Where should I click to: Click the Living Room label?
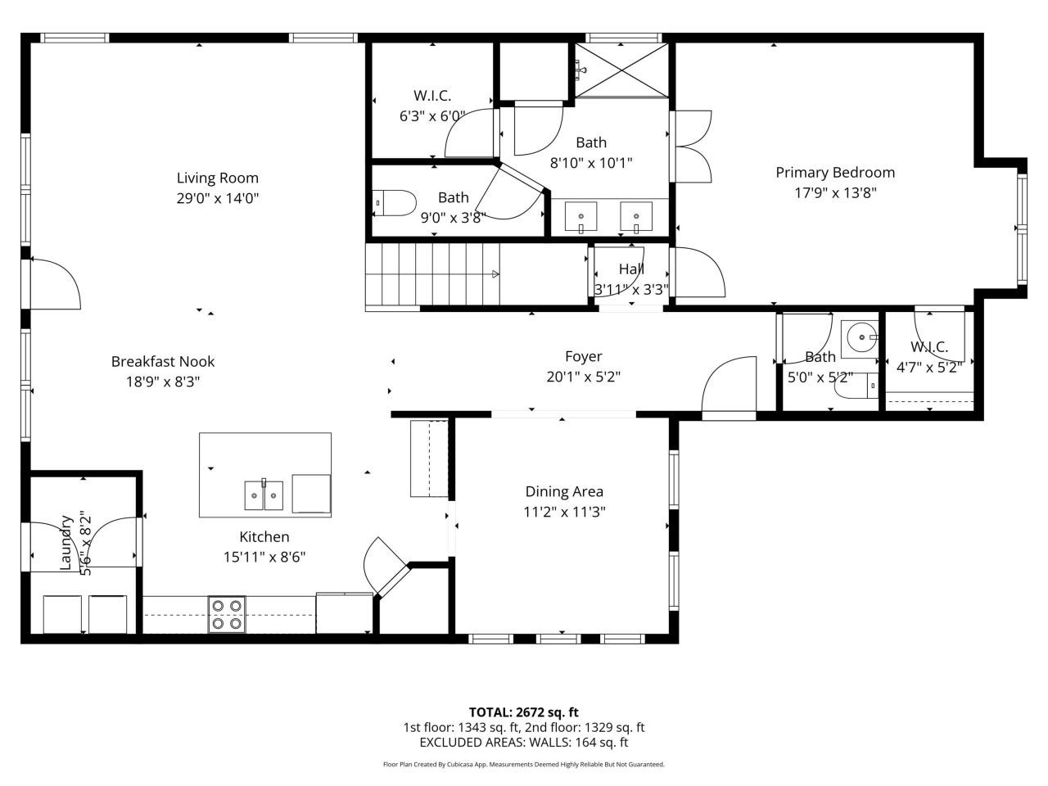tap(218, 178)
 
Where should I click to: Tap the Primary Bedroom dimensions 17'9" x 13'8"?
tap(835, 193)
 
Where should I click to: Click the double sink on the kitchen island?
tap(264, 495)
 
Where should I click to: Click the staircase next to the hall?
tap(431, 275)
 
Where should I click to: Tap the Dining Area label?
tap(564, 491)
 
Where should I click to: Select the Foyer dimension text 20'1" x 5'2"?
tap(583, 377)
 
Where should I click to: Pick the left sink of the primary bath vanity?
tap(580, 217)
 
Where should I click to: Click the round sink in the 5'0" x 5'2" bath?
tap(860, 336)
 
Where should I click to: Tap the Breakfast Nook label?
tap(163, 361)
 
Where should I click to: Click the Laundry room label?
tap(66, 542)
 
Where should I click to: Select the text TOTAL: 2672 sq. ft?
tap(523, 712)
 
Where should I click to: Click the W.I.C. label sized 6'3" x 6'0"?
tap(432, 96)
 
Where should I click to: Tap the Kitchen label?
tap(264, 537)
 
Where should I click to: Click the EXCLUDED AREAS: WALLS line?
tap(523, 743)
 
